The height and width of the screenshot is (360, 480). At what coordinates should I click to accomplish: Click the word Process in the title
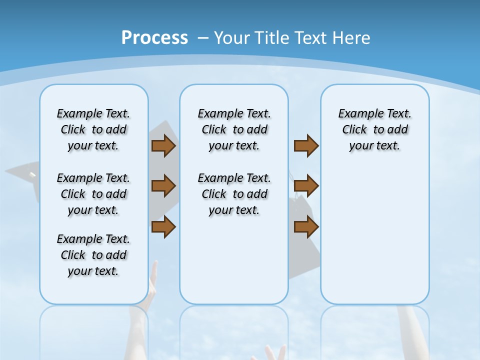coord(154,38)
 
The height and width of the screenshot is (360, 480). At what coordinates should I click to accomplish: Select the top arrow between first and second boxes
coord(163,146)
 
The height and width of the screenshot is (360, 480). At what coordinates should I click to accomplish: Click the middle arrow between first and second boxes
coord(163,186)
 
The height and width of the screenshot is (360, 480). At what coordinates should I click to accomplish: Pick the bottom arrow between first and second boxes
coord(163,227)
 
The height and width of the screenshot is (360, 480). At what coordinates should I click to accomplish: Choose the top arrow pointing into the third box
coord(306,146)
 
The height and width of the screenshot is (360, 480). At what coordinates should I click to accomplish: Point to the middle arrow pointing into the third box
coord(306,186)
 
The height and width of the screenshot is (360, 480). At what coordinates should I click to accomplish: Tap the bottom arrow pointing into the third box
coord(306,227)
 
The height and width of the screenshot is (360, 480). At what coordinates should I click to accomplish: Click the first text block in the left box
coord(93,129)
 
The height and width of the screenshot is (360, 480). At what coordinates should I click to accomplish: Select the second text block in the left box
coord(93,194)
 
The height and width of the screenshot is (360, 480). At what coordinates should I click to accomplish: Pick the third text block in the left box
coord(93,255)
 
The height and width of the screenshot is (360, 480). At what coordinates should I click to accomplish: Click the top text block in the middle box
coord(234,129)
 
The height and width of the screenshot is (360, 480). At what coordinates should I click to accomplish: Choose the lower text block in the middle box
coord(234,194)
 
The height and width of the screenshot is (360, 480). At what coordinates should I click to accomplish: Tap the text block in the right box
coord(374,129)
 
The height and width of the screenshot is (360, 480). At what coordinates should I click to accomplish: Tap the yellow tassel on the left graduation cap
coord(32,175)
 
